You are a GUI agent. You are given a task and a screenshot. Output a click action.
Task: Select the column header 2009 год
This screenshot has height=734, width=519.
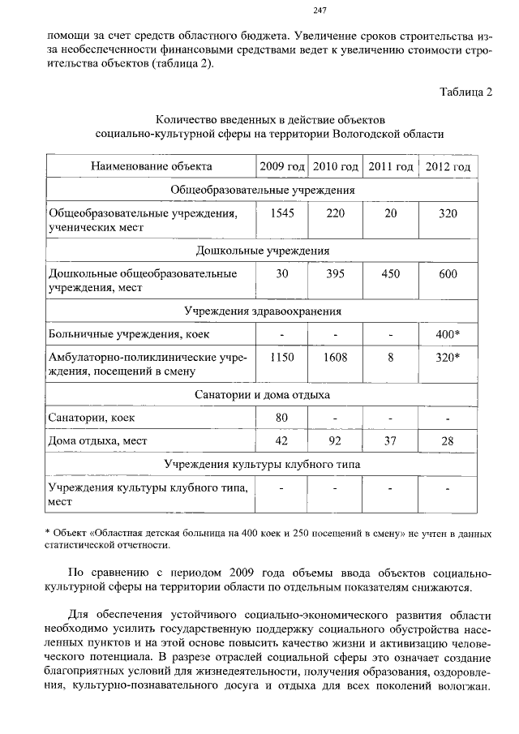[281, 166]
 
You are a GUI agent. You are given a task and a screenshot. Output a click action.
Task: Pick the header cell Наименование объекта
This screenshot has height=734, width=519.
[152, 166]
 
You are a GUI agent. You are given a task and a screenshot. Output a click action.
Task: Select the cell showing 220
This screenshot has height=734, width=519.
[335, 213]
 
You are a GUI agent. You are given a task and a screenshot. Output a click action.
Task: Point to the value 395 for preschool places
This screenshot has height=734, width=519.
[335, 274]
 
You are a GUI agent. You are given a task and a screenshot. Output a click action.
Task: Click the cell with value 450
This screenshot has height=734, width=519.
[390, 274]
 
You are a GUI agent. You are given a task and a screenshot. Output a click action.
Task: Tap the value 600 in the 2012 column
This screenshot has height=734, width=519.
[448, 274]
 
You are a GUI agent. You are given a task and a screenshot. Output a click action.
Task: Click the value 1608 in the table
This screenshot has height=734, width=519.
[335, 357]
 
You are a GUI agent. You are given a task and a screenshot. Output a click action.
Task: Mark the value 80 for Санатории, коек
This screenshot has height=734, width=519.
[281, 418]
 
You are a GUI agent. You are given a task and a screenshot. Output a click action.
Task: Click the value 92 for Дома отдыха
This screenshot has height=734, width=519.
[335, 441]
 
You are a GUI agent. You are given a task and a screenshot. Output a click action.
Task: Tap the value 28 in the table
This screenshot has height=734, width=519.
[448, 441]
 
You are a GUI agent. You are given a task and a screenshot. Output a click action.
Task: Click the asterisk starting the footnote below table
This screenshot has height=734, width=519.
[47, 532]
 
